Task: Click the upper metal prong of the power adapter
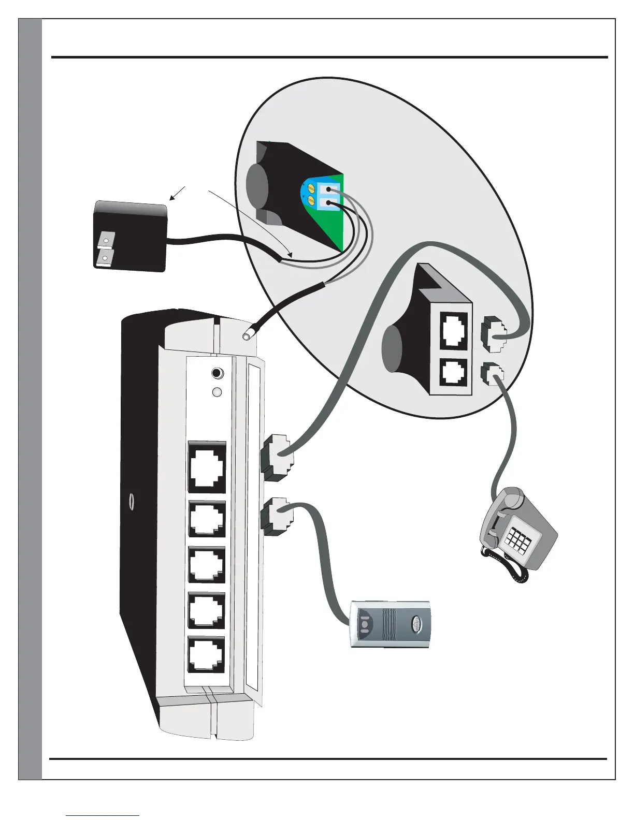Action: point(107,240)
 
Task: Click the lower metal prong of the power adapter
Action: point(106,256)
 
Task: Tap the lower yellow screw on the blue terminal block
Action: point(312,200)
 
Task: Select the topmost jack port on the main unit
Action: point(207,467)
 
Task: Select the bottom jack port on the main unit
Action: point(206,655)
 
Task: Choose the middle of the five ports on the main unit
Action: point(207,565)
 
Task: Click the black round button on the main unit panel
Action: point(218,373)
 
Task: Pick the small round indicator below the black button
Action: point(218,392)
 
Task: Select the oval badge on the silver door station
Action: point(417,624)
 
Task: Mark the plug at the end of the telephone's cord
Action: point(493,374)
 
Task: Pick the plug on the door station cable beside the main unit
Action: point(276,516)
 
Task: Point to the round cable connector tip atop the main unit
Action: point(247,336)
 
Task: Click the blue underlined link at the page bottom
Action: point(103,815)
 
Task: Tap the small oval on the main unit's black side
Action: point(132,502)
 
